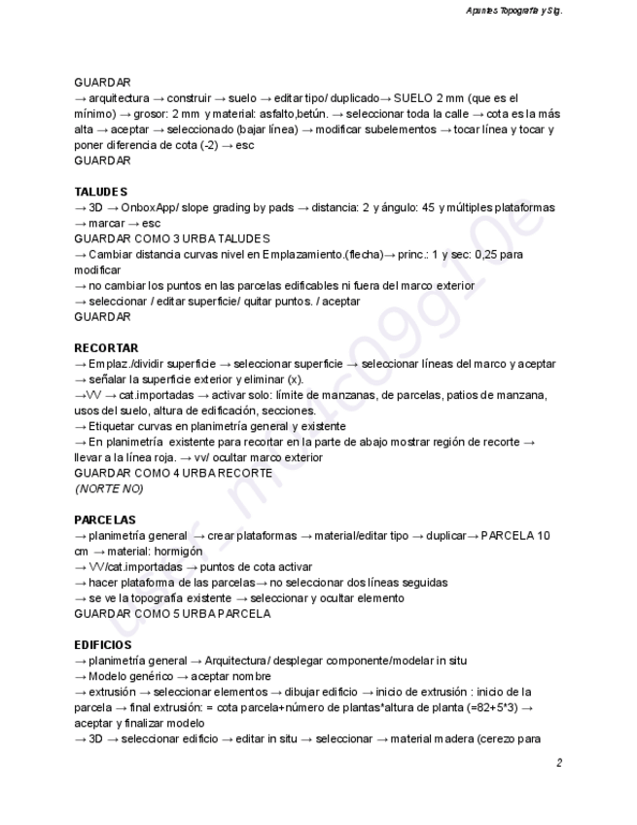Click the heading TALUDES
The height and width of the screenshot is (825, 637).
101,192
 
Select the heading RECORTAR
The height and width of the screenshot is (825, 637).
106,347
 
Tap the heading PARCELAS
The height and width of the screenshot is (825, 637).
105,520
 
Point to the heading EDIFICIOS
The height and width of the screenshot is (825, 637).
103,645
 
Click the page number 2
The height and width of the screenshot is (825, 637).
559,764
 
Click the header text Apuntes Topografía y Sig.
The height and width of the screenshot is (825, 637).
515,11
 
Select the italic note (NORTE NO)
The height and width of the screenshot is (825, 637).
108,488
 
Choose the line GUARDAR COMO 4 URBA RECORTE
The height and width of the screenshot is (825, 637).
173,473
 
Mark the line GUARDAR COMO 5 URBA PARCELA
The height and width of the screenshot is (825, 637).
172,614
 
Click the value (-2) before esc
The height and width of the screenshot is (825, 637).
201,145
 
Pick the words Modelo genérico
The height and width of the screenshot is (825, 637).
129,676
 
